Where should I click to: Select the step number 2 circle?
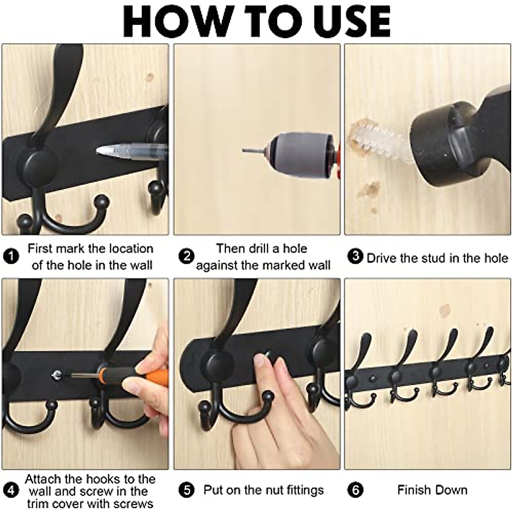[186, 256]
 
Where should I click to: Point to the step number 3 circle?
[355, 257]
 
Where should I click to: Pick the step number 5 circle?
[186, 490]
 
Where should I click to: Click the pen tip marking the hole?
[101, 150]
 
